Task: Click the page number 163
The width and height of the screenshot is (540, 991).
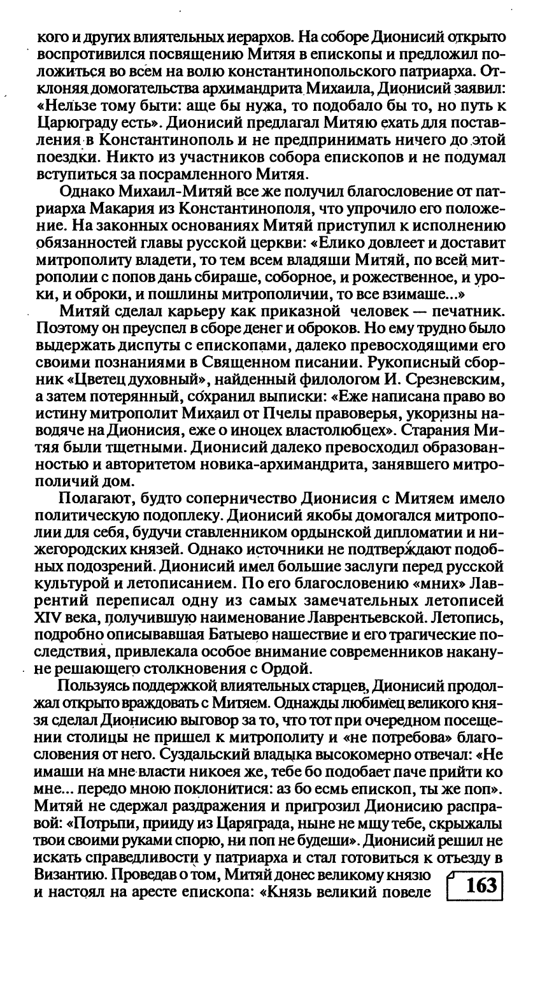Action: (x=481, y=886)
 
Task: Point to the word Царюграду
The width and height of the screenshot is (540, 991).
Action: (x=75, y=117)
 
